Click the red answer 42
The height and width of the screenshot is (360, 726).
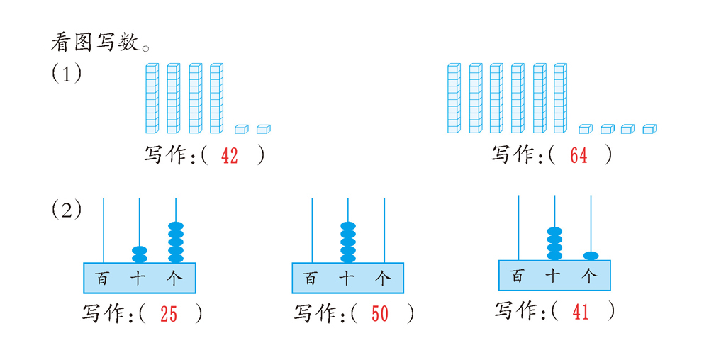coord(230,157)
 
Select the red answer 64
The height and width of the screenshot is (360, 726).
coord(579,157)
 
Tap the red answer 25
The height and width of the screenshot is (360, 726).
coord(169,315)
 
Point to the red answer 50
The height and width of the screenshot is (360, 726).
coord(380,315)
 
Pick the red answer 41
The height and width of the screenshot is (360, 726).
coord(580,312)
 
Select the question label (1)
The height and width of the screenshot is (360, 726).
coord(66,73)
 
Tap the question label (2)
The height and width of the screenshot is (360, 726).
coord(66,210)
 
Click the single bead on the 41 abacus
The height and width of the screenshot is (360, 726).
coord(591,255)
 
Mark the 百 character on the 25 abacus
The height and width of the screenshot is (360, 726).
coord(102,279)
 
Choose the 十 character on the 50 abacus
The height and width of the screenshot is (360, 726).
coord(347,279)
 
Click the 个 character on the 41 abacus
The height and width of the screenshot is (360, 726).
coord(589,276)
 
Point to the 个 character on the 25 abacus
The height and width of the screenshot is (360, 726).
coord(174,279)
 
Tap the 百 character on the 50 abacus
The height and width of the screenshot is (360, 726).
coord(311,279)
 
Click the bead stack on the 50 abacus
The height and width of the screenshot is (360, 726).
coord(348,242)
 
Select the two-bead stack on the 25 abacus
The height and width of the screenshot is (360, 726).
coord(140,254)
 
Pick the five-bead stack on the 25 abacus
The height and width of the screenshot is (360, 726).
coord(176,242)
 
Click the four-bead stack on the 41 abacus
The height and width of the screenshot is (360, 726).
coord(554,243)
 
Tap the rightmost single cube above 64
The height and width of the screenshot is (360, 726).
coord(650,129)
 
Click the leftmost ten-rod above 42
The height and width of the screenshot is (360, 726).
coord(152,98)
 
